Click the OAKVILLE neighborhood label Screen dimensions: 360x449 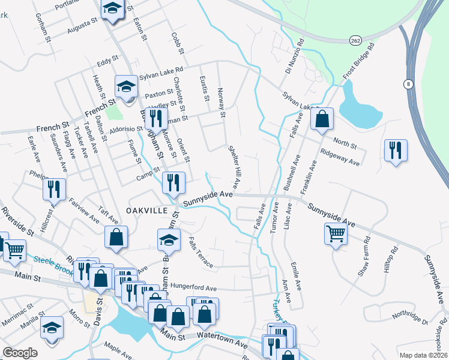144,210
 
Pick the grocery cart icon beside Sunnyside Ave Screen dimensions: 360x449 336,233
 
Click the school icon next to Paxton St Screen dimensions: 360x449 127,88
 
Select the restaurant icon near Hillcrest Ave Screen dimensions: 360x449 54,189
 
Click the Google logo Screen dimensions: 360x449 20,353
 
